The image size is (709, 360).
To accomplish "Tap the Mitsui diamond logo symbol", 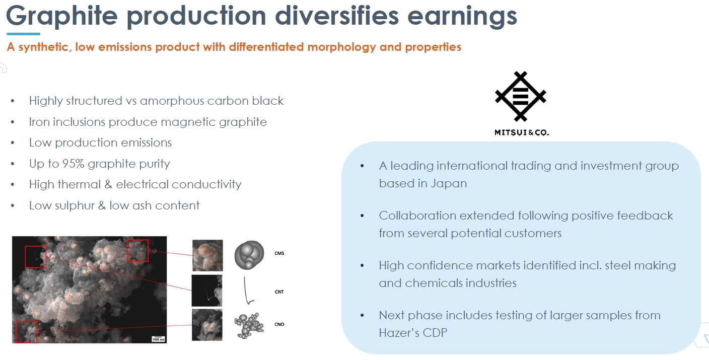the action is (521, 96).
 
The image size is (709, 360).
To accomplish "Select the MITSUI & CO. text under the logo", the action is (522, 132).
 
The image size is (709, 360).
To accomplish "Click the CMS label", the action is (279, 253).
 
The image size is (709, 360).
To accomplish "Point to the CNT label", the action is (279, 292).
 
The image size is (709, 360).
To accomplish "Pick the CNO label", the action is (279, 324).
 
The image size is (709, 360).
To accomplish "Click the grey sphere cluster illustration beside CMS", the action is (249, 255).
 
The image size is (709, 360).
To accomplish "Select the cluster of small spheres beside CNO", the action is (249, 326).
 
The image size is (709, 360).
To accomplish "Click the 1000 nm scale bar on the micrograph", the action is (158, 339).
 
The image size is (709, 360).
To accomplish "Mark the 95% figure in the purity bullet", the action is (73, 164).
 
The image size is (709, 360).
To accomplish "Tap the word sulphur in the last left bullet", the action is (75, 206).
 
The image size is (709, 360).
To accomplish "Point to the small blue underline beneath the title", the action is (23, 34).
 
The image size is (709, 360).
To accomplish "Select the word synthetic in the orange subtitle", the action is (45, 47).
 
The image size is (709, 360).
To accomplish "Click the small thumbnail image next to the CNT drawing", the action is (206, 291).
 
